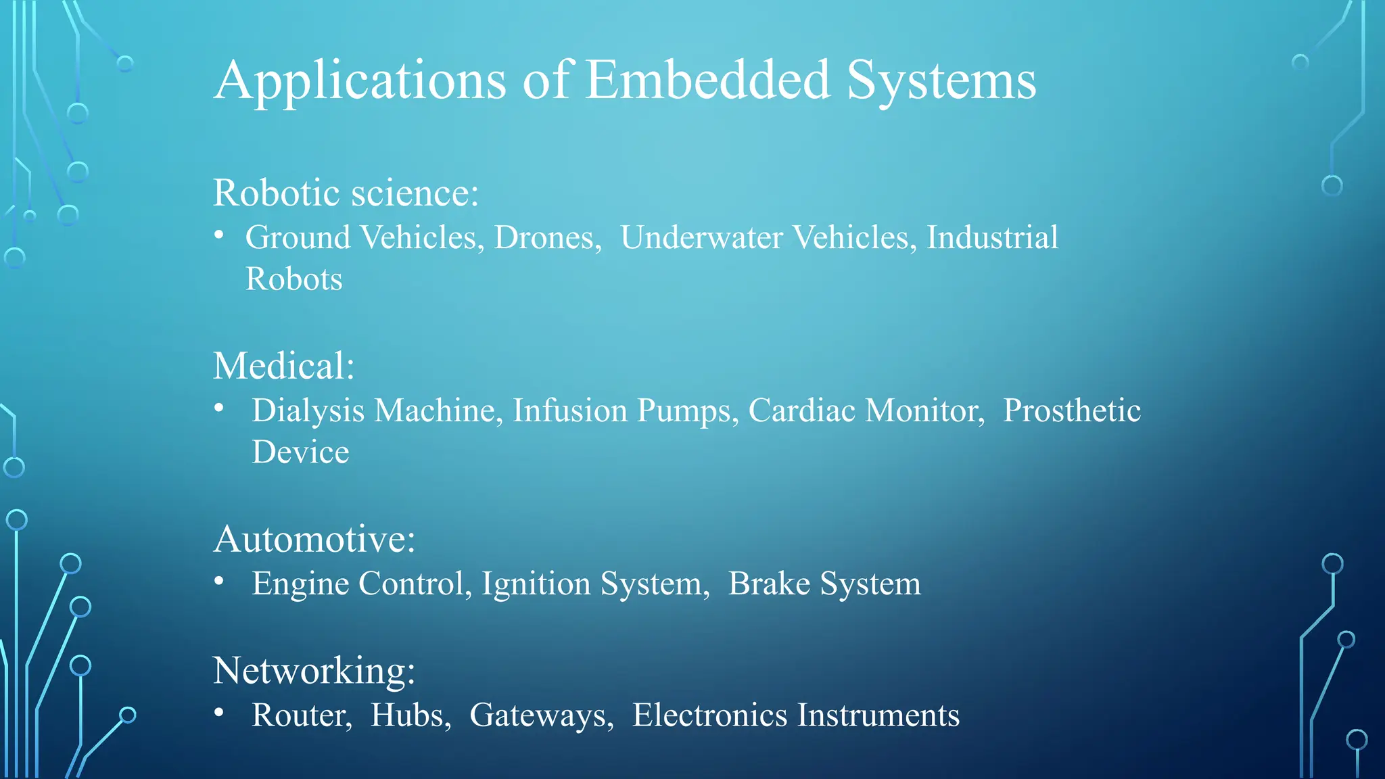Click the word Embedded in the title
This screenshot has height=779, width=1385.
tap(707, 80)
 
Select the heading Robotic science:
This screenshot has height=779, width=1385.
tap(346, 193)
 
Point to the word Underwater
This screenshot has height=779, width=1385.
tap(701, 237)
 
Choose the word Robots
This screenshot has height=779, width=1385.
tap(294, 279)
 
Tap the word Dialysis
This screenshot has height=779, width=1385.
tap(308, 411)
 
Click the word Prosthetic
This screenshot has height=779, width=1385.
tap(1071, 410)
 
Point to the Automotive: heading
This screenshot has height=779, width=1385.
tap(314, 539)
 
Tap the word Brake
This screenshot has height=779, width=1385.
tap(768, 584)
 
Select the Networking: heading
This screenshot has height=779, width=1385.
tap(314, 671)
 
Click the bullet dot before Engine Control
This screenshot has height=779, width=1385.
tap(218, 581)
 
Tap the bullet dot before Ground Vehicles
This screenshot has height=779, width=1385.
tap(218, 235)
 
